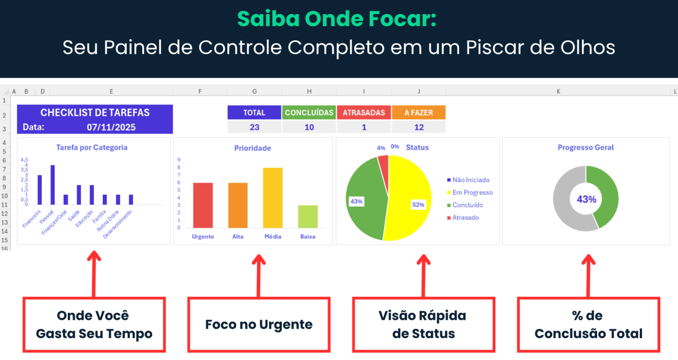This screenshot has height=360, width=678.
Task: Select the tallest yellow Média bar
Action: [x=273, y=198]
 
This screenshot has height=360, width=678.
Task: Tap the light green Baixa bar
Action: [x=308, y=217]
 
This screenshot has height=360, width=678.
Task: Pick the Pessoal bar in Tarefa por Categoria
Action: [x=53, y=185]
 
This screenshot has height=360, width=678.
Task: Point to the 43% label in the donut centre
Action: [x=586, y=199]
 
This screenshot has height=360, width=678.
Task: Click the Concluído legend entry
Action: [x=467, y=205]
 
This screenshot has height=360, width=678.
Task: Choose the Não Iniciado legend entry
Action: [x=470, y=180]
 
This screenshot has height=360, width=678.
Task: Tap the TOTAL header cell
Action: [x=255, y=113]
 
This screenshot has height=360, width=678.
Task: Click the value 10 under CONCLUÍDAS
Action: [x=309, y=127]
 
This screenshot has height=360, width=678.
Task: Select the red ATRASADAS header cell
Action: [x=364, y=113]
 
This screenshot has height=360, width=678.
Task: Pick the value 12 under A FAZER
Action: [x=419, y=127]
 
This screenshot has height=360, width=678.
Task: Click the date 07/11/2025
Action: [x=111, y=127]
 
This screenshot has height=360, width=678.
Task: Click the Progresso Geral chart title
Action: [x=586, y=148]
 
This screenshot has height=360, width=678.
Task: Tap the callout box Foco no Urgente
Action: [x=259, y=325]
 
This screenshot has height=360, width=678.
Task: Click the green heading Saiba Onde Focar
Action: [x=336, y=19]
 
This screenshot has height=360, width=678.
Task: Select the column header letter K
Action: [x=558, y=91]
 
